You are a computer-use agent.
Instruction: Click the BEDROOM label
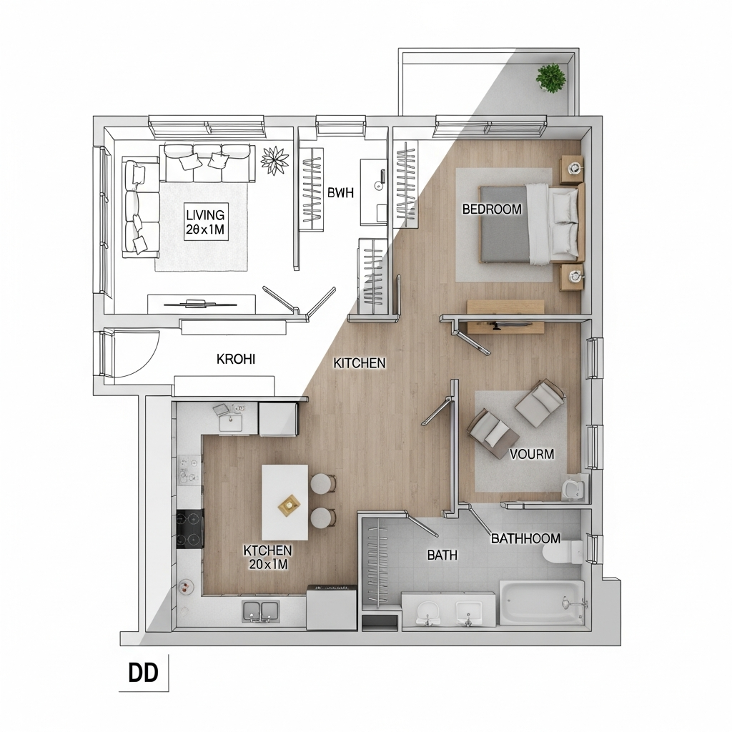pyautogui.click(x=492, y=209)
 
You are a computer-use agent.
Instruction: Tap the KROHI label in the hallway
pyautogui.click(x=236, y=359)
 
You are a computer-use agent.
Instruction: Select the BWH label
pyautogui.click(x=340, y=192)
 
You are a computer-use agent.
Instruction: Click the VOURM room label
pyautogui.click(x=532, y=454)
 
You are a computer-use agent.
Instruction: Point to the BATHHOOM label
pyautogui.click(x=525, y=538)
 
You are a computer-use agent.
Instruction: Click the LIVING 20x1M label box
pyautogui.click(x=206, y=222)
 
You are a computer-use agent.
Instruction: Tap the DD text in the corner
pyautogui.click(x=143, y=673)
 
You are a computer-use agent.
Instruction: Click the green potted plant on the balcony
pyautogui.click(x=551, y=77)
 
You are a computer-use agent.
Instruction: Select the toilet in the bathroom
pyautogui.click(x=563, y=552)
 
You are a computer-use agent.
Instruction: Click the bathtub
pyautogui.click(x=542, y=602)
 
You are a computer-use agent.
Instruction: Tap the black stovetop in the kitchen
pyautogui.click(x=190, y=528)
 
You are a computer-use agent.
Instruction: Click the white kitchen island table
pyautogui.click(x=285, y=502)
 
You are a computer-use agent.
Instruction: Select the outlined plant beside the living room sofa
pyautogui.click(x=275, y=161)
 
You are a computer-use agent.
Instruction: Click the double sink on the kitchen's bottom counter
pyautogui.click(x=260, y=610)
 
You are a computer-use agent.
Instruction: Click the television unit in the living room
pyautogui.click(x=202, y=304)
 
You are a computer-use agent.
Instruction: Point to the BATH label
pyautogui.click(x=442, y=555)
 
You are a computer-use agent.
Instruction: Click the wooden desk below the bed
pyautogui.click(x=505, y=317)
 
